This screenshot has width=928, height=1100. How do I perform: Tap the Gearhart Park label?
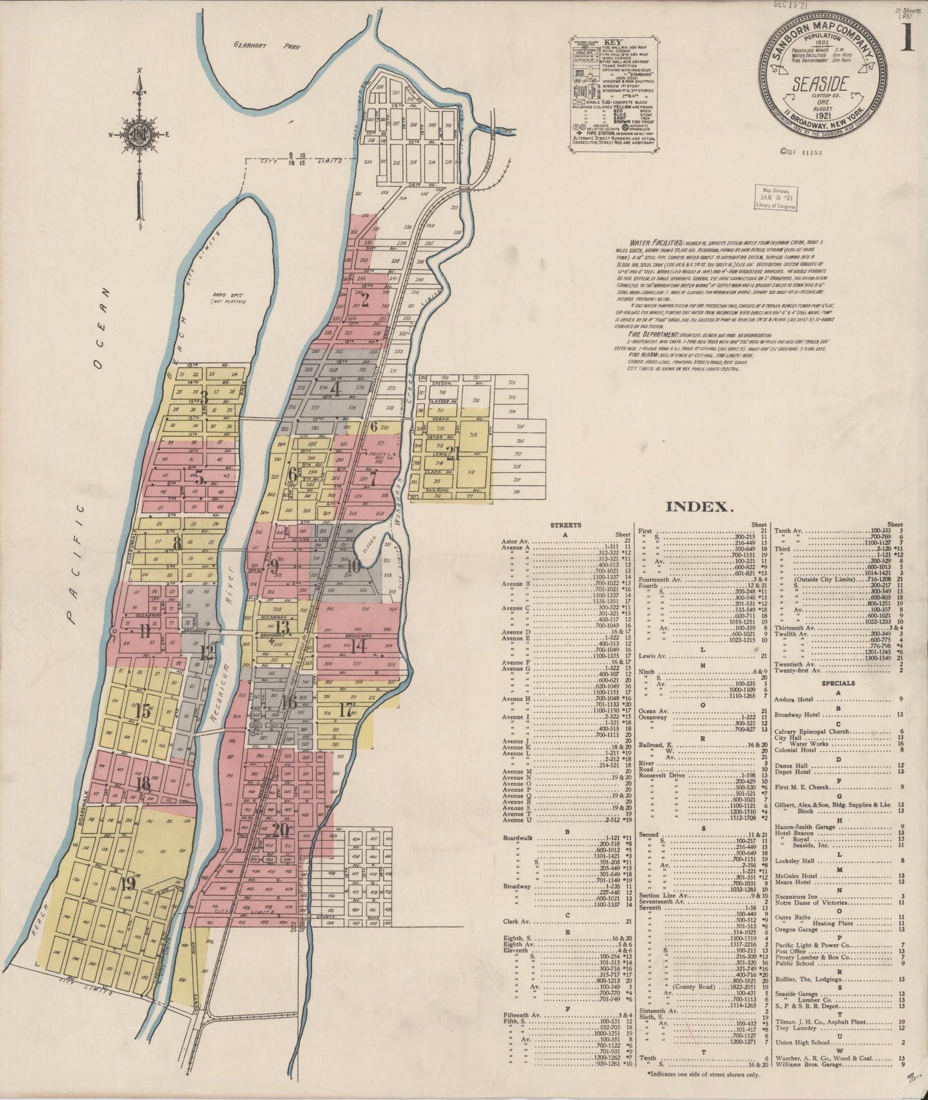(x=262, y=46)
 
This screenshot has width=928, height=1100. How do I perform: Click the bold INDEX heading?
(x=699, y=507)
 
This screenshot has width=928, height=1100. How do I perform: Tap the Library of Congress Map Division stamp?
(x=776, y=198)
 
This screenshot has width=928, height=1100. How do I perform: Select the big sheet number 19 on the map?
(x=128, y=883)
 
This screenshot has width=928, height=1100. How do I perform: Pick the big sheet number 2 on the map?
(x=365, y=299)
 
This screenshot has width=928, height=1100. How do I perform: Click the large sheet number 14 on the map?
(x=358, y=646)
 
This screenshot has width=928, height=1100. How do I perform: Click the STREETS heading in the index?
(x=566, y=525)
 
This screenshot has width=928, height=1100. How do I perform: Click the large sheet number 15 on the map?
(x=143, y=710)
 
